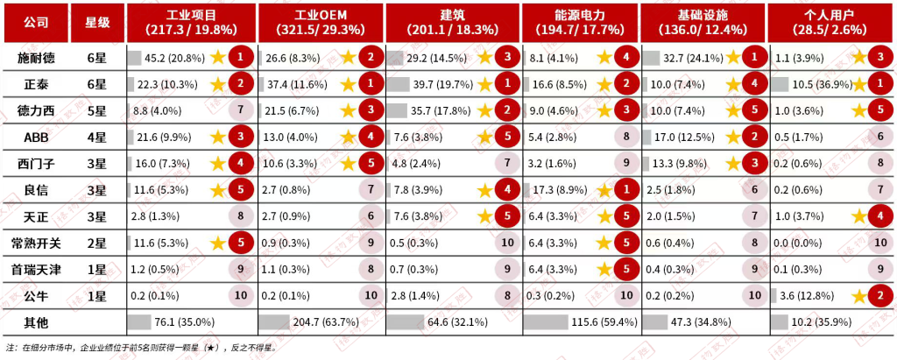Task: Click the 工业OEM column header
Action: (x=321, y=22)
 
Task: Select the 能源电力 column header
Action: (x=580, y=22)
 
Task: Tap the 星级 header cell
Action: (x=98, y=22)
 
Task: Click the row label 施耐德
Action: (x=37, y=58)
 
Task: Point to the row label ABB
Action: (x=37, y=138)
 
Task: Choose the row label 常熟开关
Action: (x=37, y=244)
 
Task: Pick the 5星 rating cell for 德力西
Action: (x=98, y=111)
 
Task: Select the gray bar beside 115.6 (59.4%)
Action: (x=546, y=323)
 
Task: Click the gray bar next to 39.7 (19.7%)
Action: (x=399, y=85)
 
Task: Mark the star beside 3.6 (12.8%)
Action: (x=858, y=296)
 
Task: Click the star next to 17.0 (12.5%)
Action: (x=733, y=138)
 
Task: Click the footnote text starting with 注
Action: (x=141, y=348)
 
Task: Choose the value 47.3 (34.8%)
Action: (x=697, y=323)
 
